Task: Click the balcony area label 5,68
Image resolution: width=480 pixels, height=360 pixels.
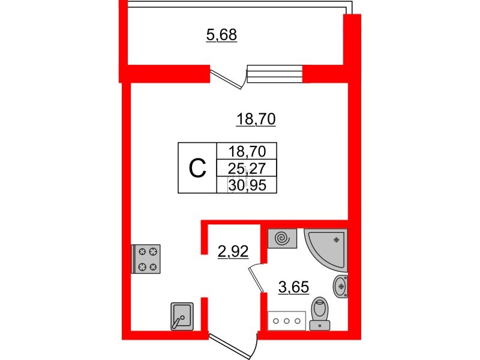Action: tap(221, 35)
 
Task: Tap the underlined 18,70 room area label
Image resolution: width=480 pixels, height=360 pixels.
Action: tap(256, 119)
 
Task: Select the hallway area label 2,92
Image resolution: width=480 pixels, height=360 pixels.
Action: tap(233, 251)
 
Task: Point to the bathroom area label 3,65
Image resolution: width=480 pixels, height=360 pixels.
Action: tap(293, 287)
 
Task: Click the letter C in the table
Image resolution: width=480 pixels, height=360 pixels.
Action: tap(197, 168)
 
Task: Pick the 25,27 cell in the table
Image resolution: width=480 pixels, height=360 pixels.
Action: tap(247, 168)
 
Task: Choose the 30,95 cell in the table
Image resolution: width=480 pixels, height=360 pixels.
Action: tap(247, 185)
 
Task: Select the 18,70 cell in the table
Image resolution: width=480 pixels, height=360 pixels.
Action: tap(247, 151)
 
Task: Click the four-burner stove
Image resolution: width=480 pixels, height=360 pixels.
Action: tap(146, 259)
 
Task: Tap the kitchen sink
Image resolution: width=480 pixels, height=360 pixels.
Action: tap(182, 316)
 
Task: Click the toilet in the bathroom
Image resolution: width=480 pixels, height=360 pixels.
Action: tap(320, 313)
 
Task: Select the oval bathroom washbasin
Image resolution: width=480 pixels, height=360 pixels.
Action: tap(340, 287)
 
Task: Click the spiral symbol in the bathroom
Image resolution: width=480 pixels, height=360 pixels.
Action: tap(282, 238)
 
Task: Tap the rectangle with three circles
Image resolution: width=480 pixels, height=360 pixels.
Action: tap(287, 321)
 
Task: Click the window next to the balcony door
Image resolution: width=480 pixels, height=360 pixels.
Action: tap(275, 74)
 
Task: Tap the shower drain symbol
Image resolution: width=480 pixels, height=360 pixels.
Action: tap(337, 239)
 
